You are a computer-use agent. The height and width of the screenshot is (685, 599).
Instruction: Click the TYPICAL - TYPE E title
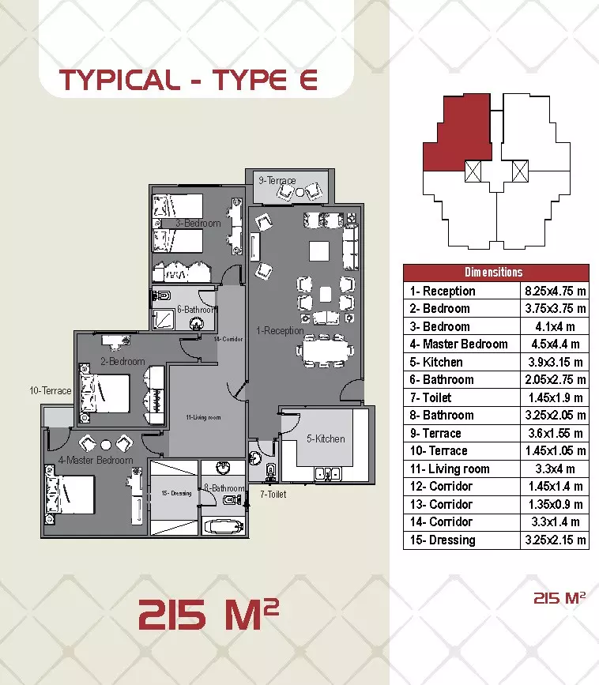[189, 80]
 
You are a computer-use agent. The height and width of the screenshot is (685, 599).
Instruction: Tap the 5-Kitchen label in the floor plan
[326, 438]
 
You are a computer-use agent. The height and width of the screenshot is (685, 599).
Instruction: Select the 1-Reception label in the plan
[280, 330]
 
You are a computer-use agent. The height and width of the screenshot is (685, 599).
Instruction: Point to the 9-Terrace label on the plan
[277, 181]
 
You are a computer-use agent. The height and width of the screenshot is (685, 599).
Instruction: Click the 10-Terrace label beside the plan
[51, 390]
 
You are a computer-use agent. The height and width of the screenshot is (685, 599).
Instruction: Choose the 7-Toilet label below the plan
[273, 495]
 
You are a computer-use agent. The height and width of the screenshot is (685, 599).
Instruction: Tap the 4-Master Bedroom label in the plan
[96, 460]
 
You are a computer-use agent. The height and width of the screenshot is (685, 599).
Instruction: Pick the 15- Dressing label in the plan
[176, 494]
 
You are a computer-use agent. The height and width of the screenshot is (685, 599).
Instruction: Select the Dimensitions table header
[495, 273]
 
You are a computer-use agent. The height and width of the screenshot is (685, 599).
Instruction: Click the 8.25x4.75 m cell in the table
[556, 291]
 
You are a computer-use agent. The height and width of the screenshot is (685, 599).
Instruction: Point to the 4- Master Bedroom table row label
[458, 344]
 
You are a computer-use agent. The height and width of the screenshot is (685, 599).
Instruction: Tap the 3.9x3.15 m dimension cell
[556, 362]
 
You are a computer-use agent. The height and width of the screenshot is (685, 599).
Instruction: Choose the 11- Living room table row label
[450, 469]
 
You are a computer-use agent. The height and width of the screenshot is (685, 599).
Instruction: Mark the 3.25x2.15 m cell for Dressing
[556, 540]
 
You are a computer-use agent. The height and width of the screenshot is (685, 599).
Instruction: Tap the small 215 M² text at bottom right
[559, 598]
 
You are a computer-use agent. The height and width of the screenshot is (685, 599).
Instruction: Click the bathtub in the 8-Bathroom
[224, 525]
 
